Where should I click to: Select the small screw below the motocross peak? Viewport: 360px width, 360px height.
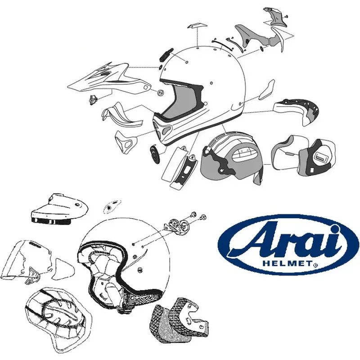coord(94,99)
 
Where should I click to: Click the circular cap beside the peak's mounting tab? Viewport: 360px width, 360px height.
coord(158,92)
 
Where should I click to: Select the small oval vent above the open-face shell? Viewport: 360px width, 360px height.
coord(108,207)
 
